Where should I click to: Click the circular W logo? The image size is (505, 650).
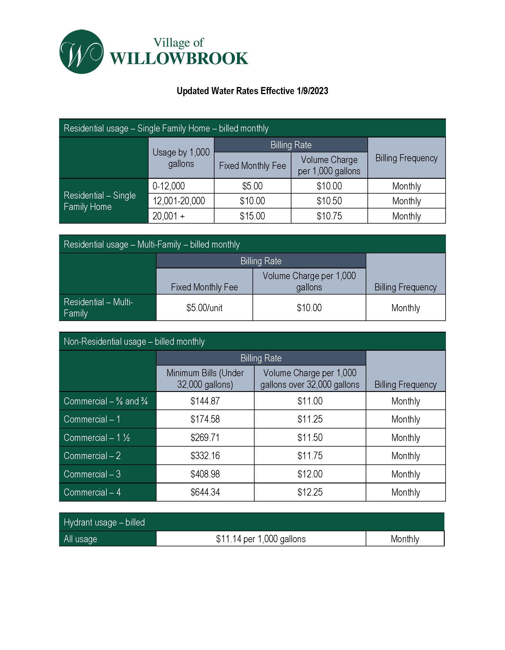coord(82,52)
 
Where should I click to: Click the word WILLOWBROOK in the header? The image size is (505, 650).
coord(179,58)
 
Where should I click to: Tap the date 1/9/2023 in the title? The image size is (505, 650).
coord(312,91)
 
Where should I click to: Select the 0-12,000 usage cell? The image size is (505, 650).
coord(168,186)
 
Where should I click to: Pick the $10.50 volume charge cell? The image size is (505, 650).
coord(329,201)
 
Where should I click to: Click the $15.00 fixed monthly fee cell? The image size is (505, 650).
coord(252,216)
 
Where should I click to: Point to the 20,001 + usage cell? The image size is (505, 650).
coord(168,216)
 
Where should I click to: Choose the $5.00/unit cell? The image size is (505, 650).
coord(204,308)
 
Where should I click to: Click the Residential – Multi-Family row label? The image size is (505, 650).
coord(98,307)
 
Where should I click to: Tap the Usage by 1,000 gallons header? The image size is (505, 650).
coord(181,158)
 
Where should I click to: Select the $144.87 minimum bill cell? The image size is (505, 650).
coord(205,401)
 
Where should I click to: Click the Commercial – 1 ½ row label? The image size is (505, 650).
coord(97,437)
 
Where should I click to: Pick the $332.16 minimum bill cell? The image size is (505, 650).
coord(205,456)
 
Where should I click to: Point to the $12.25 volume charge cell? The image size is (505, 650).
coord(310,492)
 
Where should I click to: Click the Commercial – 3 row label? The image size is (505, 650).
coord(92,474)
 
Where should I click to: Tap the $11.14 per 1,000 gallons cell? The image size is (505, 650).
coord(261,539)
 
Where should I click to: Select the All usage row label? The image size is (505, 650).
coord(81,539)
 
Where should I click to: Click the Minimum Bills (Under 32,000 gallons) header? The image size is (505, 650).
coord(205,379)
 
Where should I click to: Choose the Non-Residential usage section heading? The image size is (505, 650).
coord(134,341)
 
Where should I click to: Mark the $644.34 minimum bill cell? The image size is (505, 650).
coord(205,492)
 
